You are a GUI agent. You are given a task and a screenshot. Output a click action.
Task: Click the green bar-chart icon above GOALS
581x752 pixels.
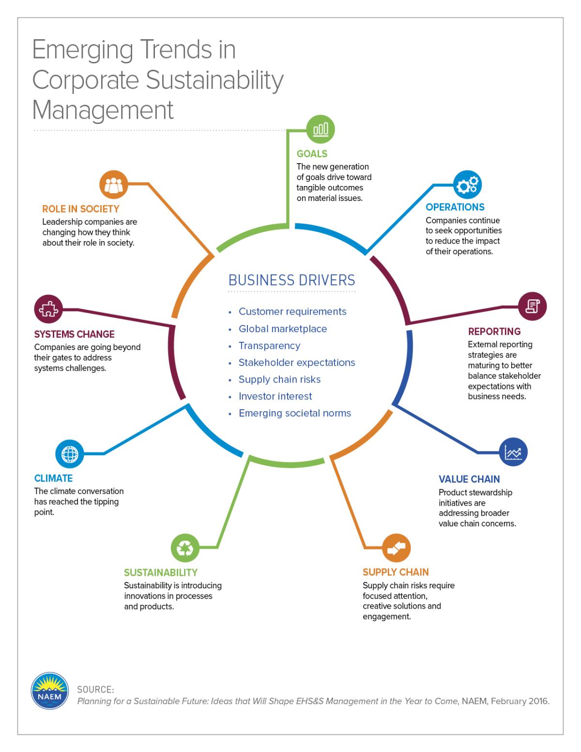tap(321, 129)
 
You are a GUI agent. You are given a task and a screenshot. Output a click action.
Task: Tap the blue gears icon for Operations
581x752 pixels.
tap(467, 184)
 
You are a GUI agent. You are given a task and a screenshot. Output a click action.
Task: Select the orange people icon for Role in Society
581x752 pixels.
tap(113, 184)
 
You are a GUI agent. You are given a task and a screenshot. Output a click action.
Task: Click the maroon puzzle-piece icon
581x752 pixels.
tap(48, 309)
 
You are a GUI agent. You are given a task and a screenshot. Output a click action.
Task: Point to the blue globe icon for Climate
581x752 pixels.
tap(70, 454)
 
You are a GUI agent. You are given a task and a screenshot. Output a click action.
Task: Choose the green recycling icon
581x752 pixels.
tap(185, 548)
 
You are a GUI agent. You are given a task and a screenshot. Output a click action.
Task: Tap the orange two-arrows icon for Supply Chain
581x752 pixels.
tap(396, 548)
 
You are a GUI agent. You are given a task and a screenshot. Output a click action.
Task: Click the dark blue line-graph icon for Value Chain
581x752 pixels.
tap(513, 452)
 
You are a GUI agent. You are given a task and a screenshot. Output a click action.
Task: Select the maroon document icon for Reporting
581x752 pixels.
tap(532, 306)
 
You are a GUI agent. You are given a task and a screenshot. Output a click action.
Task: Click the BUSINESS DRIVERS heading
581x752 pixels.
tap(292, 280)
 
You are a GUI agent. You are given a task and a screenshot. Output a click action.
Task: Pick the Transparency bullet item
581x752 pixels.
tap(269, 346)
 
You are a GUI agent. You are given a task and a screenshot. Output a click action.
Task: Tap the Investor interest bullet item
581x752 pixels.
tap(275, 396)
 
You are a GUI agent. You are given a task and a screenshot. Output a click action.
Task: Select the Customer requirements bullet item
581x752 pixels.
tap(292, 311)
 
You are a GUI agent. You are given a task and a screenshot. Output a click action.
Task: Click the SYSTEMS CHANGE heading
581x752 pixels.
tap(74, 334)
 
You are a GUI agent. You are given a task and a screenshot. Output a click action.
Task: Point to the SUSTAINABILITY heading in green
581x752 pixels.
tap(161, 572)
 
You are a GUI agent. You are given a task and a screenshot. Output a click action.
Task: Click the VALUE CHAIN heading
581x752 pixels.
tap(469, 479)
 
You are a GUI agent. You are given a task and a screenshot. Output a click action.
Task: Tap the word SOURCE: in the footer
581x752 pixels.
tap(95, 690)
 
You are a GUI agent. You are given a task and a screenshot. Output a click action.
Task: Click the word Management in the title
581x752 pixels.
tap(103, 110)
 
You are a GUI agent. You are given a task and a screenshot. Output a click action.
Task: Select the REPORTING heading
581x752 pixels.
tap(494, 331)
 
